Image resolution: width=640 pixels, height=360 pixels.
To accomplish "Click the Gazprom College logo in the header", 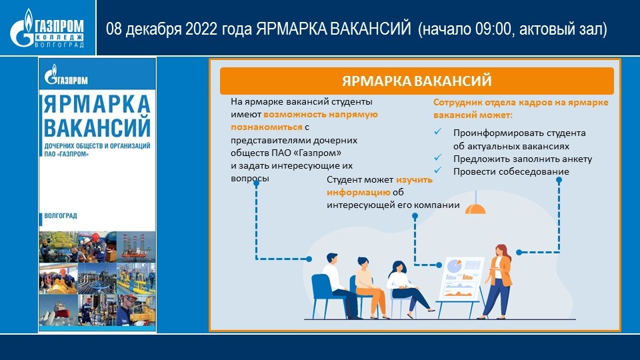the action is tap(47, 29).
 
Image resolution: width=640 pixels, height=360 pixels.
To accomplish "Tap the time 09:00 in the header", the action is tap(493, 29).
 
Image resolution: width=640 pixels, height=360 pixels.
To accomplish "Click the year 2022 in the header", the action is tap(201, 29).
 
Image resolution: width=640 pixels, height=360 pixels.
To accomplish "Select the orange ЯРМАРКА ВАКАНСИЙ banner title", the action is tap(417, 81).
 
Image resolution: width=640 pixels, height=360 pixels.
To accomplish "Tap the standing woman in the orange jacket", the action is tap(497, 281).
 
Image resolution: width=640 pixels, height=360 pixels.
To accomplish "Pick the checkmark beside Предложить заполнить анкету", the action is tap(438, 157).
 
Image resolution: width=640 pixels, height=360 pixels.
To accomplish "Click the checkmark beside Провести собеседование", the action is tap(438, 170).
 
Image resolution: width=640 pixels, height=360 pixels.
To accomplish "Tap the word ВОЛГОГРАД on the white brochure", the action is tap(61, 215).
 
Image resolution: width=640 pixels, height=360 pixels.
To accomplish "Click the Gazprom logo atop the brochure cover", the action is tap(66, 75).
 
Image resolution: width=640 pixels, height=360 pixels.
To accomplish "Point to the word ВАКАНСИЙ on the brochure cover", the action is tap(97, 127).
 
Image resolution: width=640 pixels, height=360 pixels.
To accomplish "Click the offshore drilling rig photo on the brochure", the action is tap(136, 247).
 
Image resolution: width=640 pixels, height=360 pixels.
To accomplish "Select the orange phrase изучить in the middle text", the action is tap(414, 179).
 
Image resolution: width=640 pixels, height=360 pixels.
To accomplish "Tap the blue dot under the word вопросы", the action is tap(256, 183).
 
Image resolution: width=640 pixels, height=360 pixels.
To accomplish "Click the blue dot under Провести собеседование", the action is tap(559, 179).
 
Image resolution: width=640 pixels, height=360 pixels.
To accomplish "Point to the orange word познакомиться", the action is tap(267, 127).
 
